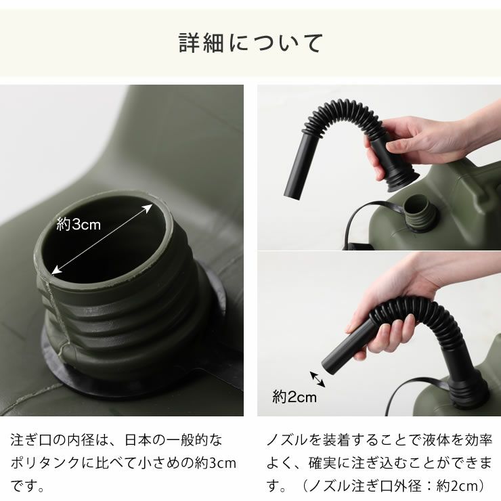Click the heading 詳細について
(x=250, y=43)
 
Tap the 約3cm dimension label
(x=79, y=225)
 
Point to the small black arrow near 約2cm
(x=317, y=379)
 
